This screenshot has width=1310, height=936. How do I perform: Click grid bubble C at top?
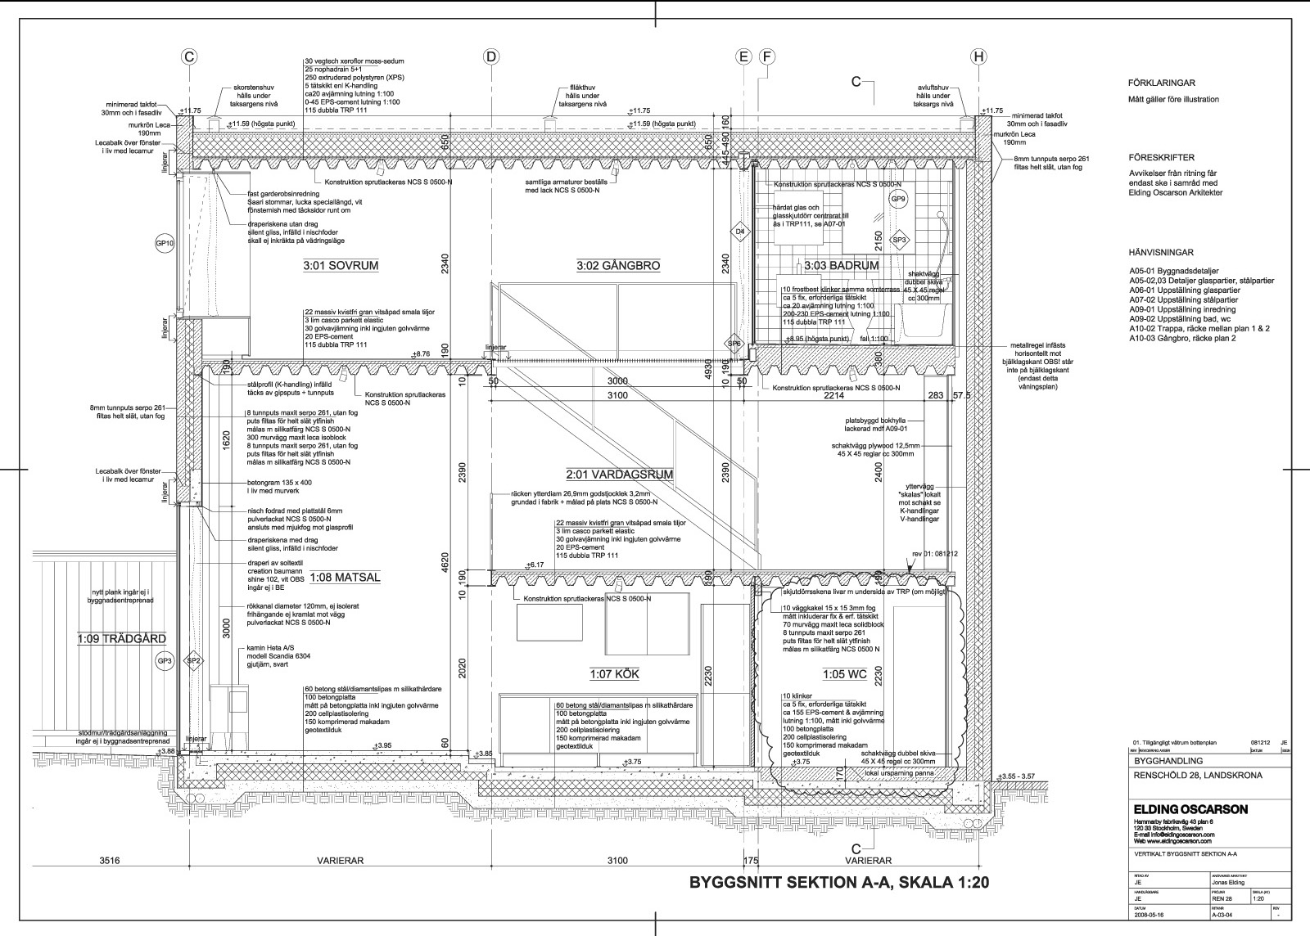(189, 56)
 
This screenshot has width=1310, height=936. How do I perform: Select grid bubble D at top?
(490, 56)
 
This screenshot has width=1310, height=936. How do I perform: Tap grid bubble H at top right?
(978, 56)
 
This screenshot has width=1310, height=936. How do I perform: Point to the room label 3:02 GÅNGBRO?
(618, 266)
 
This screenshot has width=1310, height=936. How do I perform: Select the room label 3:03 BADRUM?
(841, 266)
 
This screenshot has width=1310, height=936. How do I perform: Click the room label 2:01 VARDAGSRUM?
(619, 475)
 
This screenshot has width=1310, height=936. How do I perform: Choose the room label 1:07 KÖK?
(614, 675)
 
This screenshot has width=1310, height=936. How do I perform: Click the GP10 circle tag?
(165, 244)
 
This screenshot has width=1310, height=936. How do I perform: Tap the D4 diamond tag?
(740, 232)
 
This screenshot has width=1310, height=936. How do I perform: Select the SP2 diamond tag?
(194, 660)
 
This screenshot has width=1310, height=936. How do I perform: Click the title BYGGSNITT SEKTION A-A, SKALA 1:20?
(840, 883)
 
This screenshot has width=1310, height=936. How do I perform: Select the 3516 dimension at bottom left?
(110, 861)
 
